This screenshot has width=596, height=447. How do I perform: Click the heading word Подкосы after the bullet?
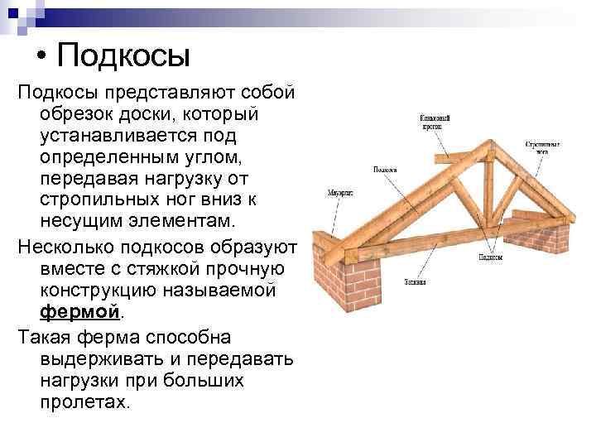tap(125, 56)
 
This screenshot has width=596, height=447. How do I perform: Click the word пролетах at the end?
tap(83, 403)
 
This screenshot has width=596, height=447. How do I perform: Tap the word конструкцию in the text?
tap(103, 292)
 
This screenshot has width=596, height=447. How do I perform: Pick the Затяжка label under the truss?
tap(416, 281)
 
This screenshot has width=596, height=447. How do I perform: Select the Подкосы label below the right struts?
tap(492, 257)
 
